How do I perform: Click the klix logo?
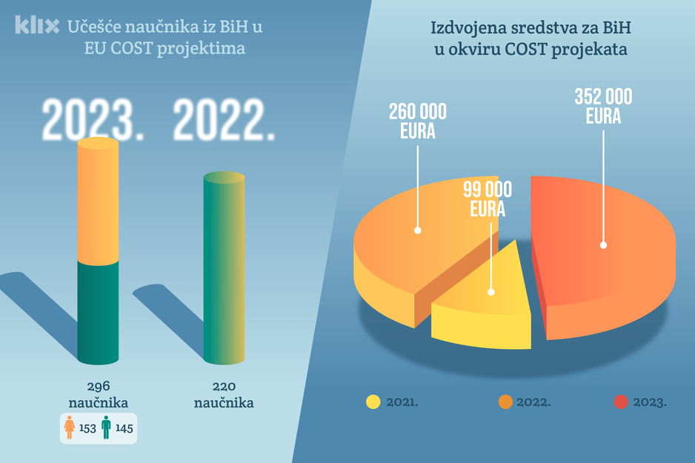(x=37, y=27)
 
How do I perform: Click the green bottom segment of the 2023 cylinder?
(x=98, y=311)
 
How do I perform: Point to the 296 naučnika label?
(x=98, y=394)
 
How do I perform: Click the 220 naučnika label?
(x=224, y=394)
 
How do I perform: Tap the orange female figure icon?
(x=70, y=427)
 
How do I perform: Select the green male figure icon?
(x=106, y=427)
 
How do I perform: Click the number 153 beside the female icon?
(x=87, y=428)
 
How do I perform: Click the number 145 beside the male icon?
(x=124, y=428)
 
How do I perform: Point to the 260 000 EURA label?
(x=418, y=121)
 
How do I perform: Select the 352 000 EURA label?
(x=603, y=107)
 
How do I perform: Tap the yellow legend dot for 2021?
(x=373, y=402)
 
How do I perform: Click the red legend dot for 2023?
(x=621, y=402)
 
